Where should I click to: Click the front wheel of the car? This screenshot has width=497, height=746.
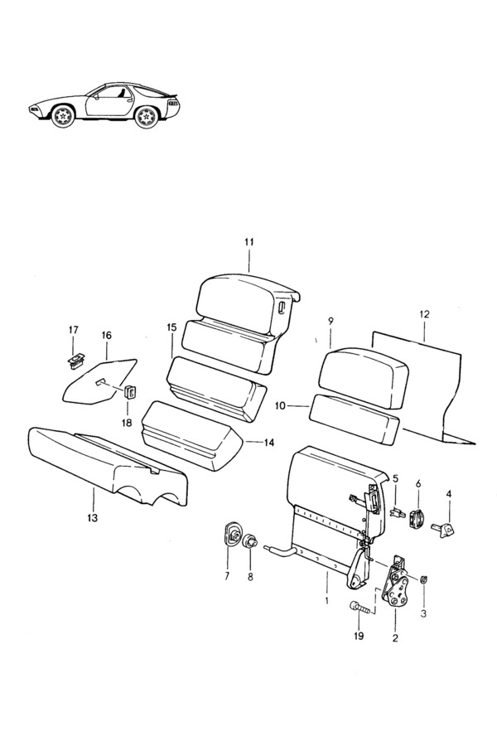click(63, 115)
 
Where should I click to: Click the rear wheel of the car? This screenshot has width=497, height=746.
click(146, 117)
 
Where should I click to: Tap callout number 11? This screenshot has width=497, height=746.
click(249, 242)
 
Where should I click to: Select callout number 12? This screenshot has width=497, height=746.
click(424, 314)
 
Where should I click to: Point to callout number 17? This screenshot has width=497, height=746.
click(73, 330)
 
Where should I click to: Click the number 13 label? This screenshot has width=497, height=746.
click(92, 517)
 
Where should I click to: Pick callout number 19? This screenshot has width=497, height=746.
click(359, 636)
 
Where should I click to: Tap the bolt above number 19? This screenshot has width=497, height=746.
click(359, 607)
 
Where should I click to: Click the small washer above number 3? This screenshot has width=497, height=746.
click(424, 579)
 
